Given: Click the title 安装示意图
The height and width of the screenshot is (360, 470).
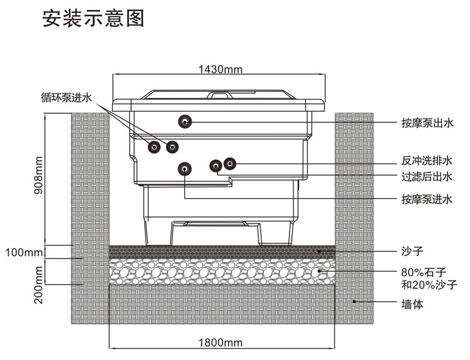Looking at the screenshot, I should coord(93,18).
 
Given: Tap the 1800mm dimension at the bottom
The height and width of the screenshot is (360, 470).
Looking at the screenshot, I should coord(221,342).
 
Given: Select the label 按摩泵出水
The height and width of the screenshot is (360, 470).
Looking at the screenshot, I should coord(427,123).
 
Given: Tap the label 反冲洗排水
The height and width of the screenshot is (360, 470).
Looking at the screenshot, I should coord(427,161).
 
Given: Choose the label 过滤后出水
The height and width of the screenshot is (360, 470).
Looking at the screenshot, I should coord(427,176).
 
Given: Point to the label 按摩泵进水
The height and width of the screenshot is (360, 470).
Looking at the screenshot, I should coord(427,199).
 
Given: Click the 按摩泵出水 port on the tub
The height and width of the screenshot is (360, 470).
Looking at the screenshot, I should coord(185,121).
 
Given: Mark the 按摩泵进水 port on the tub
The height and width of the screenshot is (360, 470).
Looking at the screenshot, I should coord(185,169).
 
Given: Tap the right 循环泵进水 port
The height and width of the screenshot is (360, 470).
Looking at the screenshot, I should coord(172,147).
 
